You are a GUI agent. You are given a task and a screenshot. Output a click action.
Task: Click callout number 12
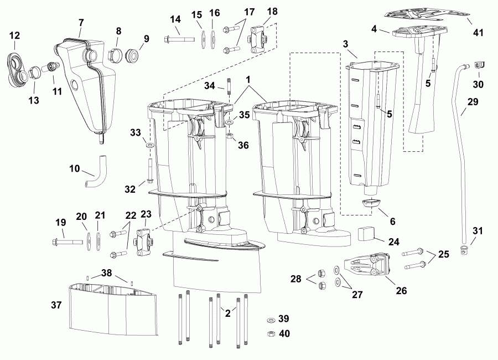click(x=14, y=35)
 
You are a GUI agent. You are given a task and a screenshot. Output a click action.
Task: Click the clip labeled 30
click(x=479, y=66)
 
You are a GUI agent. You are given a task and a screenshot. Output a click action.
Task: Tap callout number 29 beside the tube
click(x=471, y=103)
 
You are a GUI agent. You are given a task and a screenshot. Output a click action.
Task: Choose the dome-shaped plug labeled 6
click(x=371, y=204)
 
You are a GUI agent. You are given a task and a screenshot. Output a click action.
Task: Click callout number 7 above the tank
click(x=81, y=22)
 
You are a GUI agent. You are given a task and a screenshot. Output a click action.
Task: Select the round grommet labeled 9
click(x=133, y=55)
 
